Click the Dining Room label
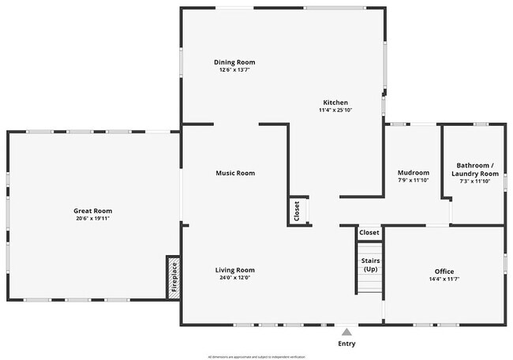pos(234,62)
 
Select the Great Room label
pos(92,211)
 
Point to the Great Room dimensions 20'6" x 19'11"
pos(92,219)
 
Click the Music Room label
pos(235,173)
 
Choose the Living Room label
pos(234,270)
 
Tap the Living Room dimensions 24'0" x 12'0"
pos(234,278)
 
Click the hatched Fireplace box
pos(174,277)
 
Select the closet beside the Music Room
pos(297,211)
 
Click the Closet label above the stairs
pos(369,233)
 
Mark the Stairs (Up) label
pos(369,264)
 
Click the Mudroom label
pos(413,173)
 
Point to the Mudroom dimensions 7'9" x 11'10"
pos(413,181)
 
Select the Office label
pos(444,271)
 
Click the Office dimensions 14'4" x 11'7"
pos(444,279)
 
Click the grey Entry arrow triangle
pos(346,332)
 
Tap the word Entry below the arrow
pos(346,343)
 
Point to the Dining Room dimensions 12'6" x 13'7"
pos(234,69)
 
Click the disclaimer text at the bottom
pos(256,356)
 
